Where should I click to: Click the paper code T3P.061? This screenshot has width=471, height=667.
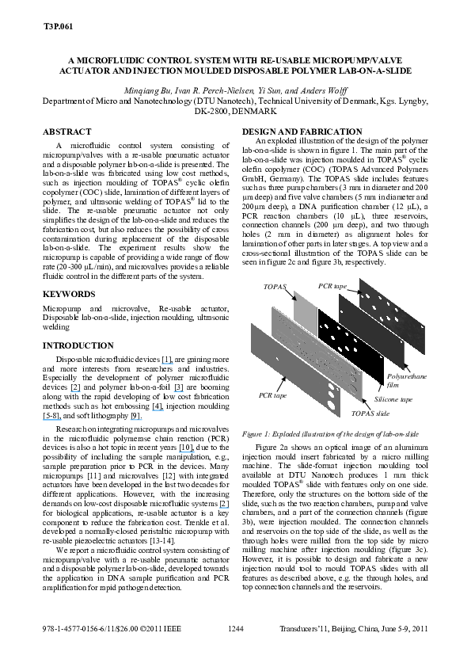58,26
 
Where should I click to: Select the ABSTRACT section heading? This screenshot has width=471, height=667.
66,131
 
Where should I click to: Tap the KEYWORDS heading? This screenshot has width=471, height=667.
69,295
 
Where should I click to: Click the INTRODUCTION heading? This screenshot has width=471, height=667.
78,346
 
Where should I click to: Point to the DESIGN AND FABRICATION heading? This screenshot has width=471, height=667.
302,131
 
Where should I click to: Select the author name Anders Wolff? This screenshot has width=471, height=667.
324,90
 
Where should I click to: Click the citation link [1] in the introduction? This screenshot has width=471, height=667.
167,360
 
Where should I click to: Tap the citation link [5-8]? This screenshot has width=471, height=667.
52,416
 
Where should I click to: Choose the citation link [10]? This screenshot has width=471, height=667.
186,448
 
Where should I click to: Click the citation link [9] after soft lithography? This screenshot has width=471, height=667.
135,416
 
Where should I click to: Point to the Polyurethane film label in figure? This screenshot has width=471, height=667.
406,381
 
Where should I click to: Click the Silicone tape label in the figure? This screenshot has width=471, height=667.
393,399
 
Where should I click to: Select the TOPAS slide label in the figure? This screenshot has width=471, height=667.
370,414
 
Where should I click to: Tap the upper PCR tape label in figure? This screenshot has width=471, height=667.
332,286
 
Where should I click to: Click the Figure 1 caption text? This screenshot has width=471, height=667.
330,434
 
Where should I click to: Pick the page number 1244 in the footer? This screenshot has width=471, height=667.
236,629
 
